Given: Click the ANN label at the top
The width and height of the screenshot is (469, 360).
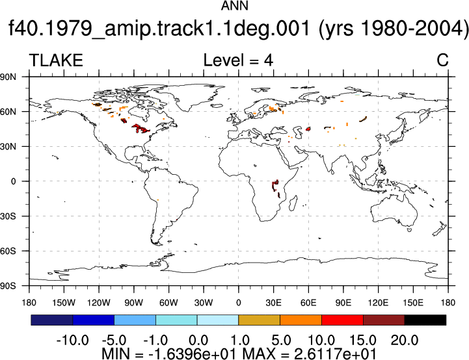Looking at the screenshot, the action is [234, 6].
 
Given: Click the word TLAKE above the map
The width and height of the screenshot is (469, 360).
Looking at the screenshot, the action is [56, 60].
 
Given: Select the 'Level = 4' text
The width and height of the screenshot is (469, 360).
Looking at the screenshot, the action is [238, 60].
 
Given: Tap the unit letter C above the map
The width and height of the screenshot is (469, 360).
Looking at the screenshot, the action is [442, 60].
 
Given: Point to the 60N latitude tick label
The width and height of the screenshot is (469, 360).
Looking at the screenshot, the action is [8, 112].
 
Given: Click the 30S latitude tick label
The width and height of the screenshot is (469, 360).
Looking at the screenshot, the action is [8, 216].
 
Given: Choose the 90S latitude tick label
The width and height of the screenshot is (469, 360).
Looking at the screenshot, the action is [8, 286].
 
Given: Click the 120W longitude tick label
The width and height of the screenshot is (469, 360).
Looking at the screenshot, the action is [99, 303].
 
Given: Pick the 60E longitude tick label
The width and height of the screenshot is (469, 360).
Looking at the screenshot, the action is [308, 303].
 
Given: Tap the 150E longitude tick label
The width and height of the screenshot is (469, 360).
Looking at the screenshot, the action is [413, 303].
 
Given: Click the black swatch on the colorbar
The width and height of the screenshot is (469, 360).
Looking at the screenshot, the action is [425, 320].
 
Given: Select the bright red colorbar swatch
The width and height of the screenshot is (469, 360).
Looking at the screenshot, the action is [342, 320].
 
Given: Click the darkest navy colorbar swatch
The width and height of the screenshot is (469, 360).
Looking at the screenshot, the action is [52, 320].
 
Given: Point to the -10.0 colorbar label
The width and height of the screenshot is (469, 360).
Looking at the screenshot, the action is [72, 341].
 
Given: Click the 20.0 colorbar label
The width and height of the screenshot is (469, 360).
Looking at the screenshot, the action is [405, 341].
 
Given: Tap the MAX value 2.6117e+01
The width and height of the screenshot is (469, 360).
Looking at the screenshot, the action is [335, 354].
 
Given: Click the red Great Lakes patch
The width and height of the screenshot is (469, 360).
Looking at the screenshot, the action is [141, 129].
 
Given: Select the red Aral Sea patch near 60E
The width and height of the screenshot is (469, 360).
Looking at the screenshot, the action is [308, 129].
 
